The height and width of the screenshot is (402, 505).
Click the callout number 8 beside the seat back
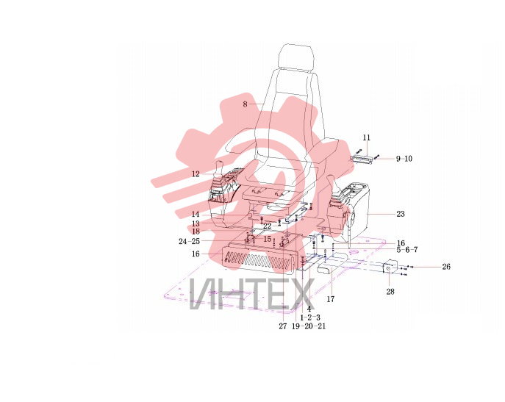point(245,104)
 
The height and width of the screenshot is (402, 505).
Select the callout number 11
point(367,137)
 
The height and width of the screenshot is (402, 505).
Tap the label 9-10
point(404,159)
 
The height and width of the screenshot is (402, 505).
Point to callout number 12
point(196,174)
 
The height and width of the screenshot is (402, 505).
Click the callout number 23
point(401,214)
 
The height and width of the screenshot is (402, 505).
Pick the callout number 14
point(196,214)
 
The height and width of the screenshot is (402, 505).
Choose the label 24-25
point(190,241)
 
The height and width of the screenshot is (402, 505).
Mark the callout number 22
point(267,226)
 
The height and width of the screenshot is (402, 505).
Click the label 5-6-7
point(407,250)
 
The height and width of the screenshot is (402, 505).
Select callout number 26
point(446,267)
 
